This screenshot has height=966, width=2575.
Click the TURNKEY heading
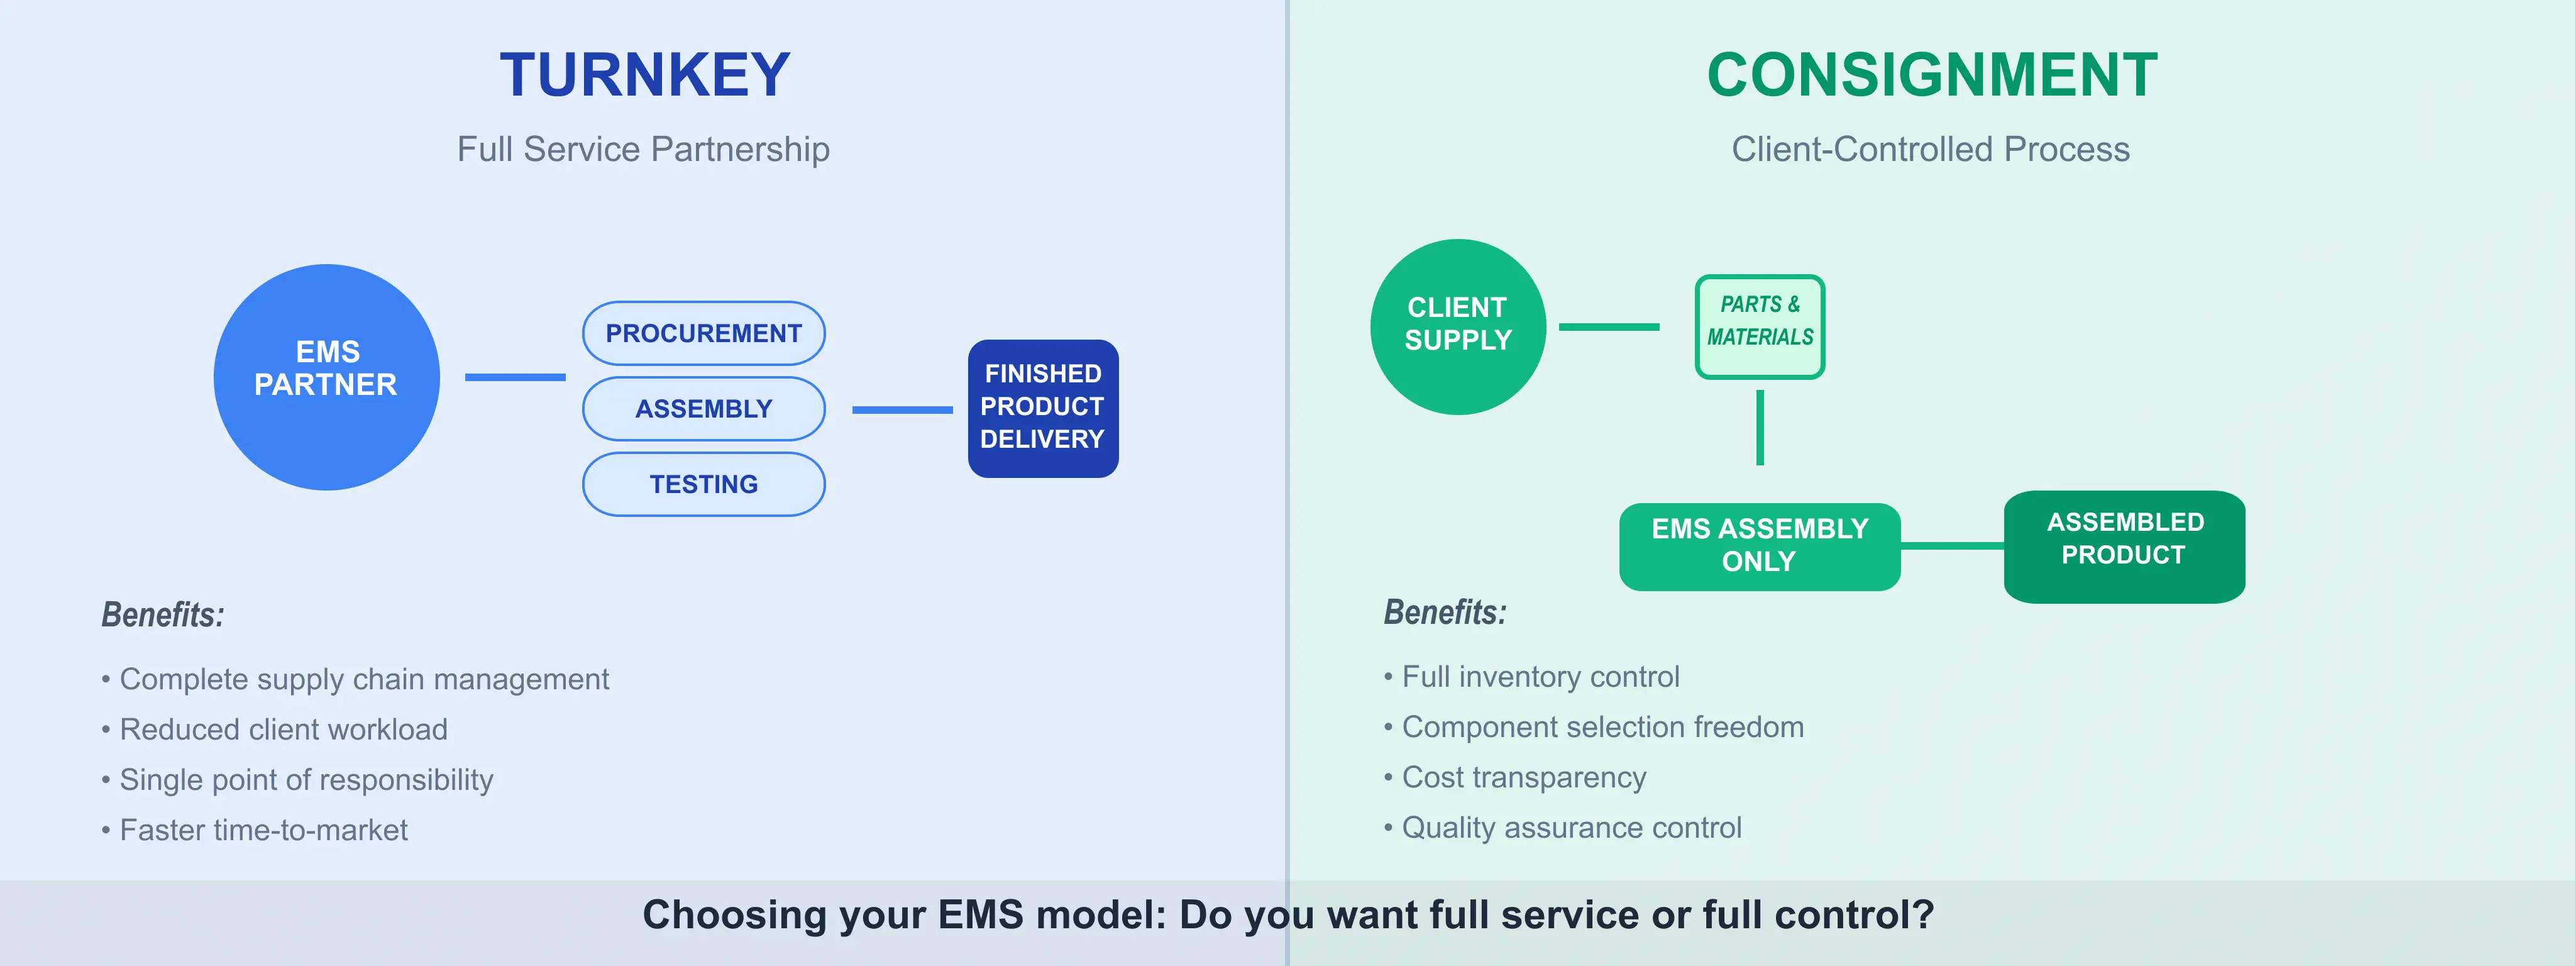645,75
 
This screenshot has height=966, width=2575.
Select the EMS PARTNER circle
327,377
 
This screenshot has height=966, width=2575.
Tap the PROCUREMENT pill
703,333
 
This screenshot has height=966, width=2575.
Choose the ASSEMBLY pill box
703,408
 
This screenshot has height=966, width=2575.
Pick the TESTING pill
703,484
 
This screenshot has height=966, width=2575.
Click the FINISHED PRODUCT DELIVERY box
1042,408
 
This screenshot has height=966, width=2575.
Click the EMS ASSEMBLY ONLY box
1760,546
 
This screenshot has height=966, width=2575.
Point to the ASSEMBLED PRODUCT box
2124,546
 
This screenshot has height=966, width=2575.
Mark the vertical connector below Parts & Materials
1760,427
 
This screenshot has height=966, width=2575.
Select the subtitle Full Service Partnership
644,149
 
